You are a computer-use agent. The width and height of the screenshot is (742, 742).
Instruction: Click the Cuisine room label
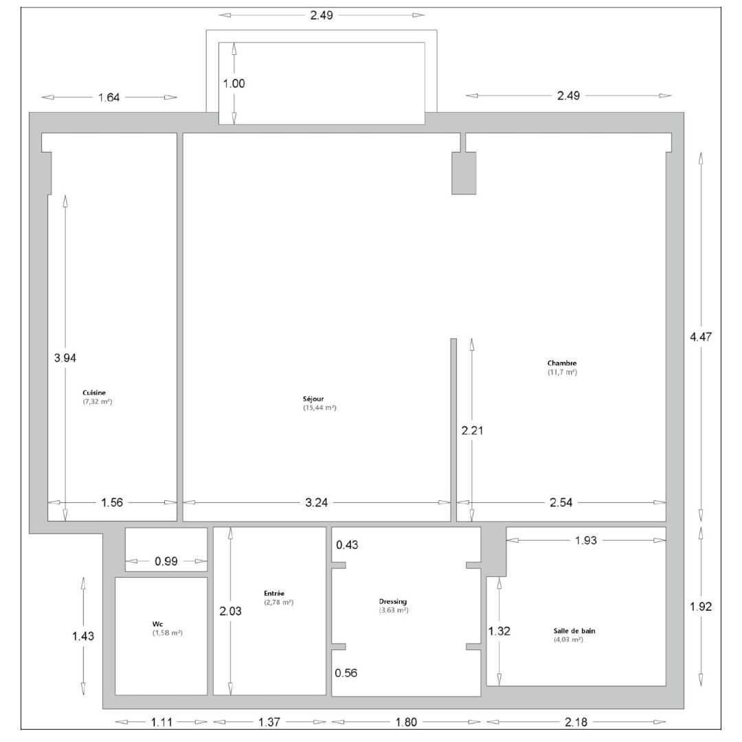click(x=94, y=393)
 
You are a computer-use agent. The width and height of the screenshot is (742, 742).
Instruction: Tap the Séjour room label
click(x=313, y=399)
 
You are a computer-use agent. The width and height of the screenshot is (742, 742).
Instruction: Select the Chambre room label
click(x=562, y=363)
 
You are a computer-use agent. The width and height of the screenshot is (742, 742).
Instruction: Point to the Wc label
click(x=157, y=624)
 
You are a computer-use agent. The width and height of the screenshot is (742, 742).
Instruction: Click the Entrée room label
click(x=274, y=594)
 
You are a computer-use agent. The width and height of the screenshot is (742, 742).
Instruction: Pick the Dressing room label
click(x=393, y=602)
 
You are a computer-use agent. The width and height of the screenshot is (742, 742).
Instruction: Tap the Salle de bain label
click(x=574, y=631)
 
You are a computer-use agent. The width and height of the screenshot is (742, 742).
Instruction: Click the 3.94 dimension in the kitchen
click(x=65, y=358)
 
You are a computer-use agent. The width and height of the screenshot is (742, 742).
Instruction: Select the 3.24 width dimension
click(x=316, y=502)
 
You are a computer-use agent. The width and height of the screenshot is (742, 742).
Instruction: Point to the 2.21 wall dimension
click(x=472, y=431)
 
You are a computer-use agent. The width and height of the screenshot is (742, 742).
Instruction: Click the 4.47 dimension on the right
click(x=701, y=337)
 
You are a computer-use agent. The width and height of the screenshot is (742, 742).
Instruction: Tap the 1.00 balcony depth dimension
click(x=234, y=84)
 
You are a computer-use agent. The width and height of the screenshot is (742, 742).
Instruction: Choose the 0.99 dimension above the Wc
click(x=166, y=562)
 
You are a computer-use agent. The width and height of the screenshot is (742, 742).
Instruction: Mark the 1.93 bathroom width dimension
click(x=586, y=541)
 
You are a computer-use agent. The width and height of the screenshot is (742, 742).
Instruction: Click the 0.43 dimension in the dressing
click(x=347, y=545)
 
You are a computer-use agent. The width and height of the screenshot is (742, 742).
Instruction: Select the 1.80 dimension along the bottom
click(x=406, y=722)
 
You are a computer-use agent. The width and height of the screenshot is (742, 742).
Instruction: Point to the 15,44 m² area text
click(x=320, y=408)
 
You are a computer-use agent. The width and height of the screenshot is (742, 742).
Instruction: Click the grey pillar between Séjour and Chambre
click(x=464, y=172)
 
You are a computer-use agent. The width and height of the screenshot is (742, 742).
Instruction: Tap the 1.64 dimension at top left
click(x=109, y=98)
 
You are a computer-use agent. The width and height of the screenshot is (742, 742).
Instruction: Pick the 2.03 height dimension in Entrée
click(x=230, y=611)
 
